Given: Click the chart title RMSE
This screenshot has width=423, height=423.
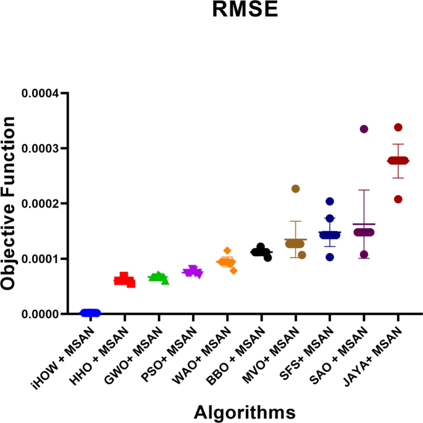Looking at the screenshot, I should (245, 10).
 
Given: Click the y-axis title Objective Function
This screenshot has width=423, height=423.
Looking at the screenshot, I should (9, 204).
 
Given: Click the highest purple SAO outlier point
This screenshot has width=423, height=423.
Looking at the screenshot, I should (364, 129).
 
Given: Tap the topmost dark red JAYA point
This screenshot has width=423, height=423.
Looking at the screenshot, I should (398, 127).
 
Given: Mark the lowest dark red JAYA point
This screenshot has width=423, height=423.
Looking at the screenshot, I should (398, 199).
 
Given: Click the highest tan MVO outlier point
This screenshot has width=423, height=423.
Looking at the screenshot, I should (296, 188).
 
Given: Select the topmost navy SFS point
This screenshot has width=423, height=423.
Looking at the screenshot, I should (330, 201).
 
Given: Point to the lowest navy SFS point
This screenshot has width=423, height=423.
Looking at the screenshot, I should (330, 257).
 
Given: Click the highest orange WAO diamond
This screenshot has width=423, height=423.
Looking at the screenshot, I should (227, 250).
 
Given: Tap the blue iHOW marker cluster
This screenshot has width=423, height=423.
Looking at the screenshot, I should (90, 312).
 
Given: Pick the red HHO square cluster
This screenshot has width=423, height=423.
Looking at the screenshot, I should (125, 280).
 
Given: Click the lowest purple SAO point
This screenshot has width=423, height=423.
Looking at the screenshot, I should (364, 254).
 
